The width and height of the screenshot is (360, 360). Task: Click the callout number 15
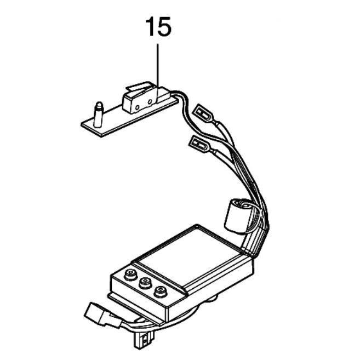[x=158, y=27]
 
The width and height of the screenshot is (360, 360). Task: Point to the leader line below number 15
[x=157, y=73]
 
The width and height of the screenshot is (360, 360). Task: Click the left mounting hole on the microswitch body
[x=138, y=107]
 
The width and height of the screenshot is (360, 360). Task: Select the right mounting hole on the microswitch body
[x=150, y=101]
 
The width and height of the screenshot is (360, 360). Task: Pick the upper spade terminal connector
[x=203, y=113]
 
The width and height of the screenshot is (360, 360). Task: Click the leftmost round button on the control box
[x=130, y=274]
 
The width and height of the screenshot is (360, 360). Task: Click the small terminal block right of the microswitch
[x=163, y=94]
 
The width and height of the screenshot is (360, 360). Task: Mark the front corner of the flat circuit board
[x=100, y=137]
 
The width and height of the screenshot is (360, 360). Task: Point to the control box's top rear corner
[x=196, y=225]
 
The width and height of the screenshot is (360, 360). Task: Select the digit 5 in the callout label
[x=164, y=27]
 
